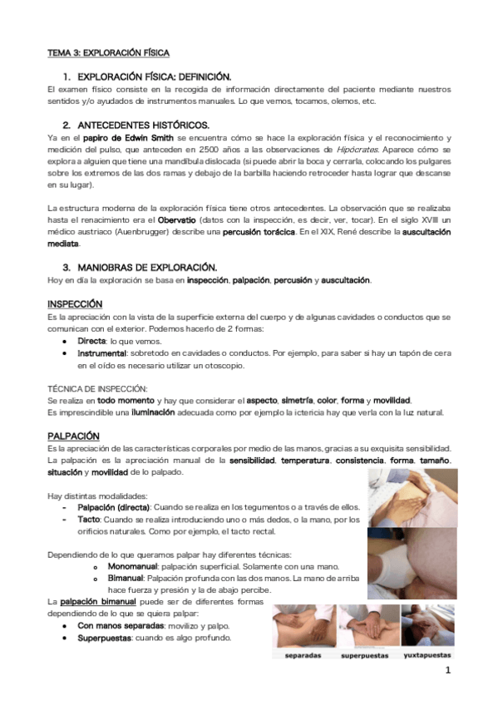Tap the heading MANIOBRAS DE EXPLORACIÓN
click(147, 267)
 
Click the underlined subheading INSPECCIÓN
click(75, 304)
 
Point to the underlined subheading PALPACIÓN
click(73, 436)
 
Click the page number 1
click(446, 670)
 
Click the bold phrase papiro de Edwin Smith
click(127, 137)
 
